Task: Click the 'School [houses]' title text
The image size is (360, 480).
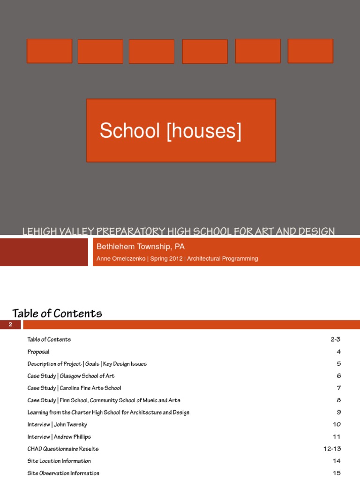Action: coord(171,131)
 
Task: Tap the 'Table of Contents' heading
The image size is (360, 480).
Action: coord(57,313)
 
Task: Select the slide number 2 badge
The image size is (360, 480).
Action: coord(10,325)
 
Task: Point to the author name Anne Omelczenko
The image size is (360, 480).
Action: coord(120,259)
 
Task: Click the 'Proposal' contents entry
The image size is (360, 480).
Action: coord(38,352)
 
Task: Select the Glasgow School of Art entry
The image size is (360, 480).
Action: coord(71,376)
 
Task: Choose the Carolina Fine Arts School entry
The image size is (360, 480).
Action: coord(74,388)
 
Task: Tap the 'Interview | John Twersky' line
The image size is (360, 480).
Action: coord(57,425)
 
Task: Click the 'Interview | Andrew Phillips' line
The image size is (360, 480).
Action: coord(59,437)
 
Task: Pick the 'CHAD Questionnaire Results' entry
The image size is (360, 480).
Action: coord(63,449)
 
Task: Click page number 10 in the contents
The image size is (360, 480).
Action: coord(337,425)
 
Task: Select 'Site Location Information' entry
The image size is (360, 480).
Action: coord(59,461)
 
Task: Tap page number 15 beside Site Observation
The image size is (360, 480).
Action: coord(337,473)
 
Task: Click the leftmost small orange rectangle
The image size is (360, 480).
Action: coord(49,51)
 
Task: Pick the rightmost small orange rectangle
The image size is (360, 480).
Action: coord(310,51)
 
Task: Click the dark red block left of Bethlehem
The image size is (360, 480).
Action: coord(44,252)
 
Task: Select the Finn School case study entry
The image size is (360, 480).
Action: coord(104,400)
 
